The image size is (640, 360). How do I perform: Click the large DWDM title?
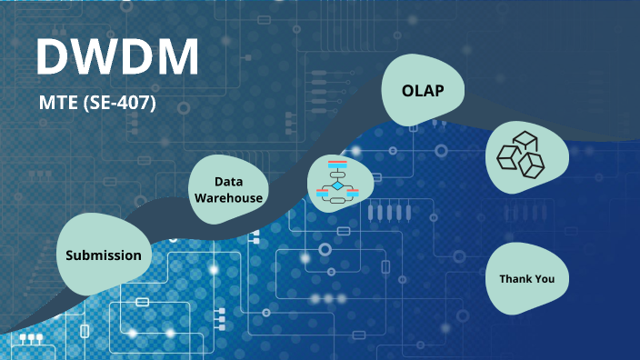(x=117, y=58)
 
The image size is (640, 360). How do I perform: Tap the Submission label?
(x=104, y=255)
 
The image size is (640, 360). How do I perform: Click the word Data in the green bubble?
(x=228, y=182)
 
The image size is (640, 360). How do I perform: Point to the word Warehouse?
(x=228, y=197)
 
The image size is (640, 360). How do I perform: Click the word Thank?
(x=515, y=278)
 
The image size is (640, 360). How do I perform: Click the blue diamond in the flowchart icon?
(x=338, y=185)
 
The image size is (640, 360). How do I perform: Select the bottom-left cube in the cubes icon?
(x=507, y=159)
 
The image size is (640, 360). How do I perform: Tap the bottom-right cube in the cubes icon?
(x=532, y=165)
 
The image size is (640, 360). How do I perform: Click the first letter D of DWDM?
(x=54, y=58)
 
